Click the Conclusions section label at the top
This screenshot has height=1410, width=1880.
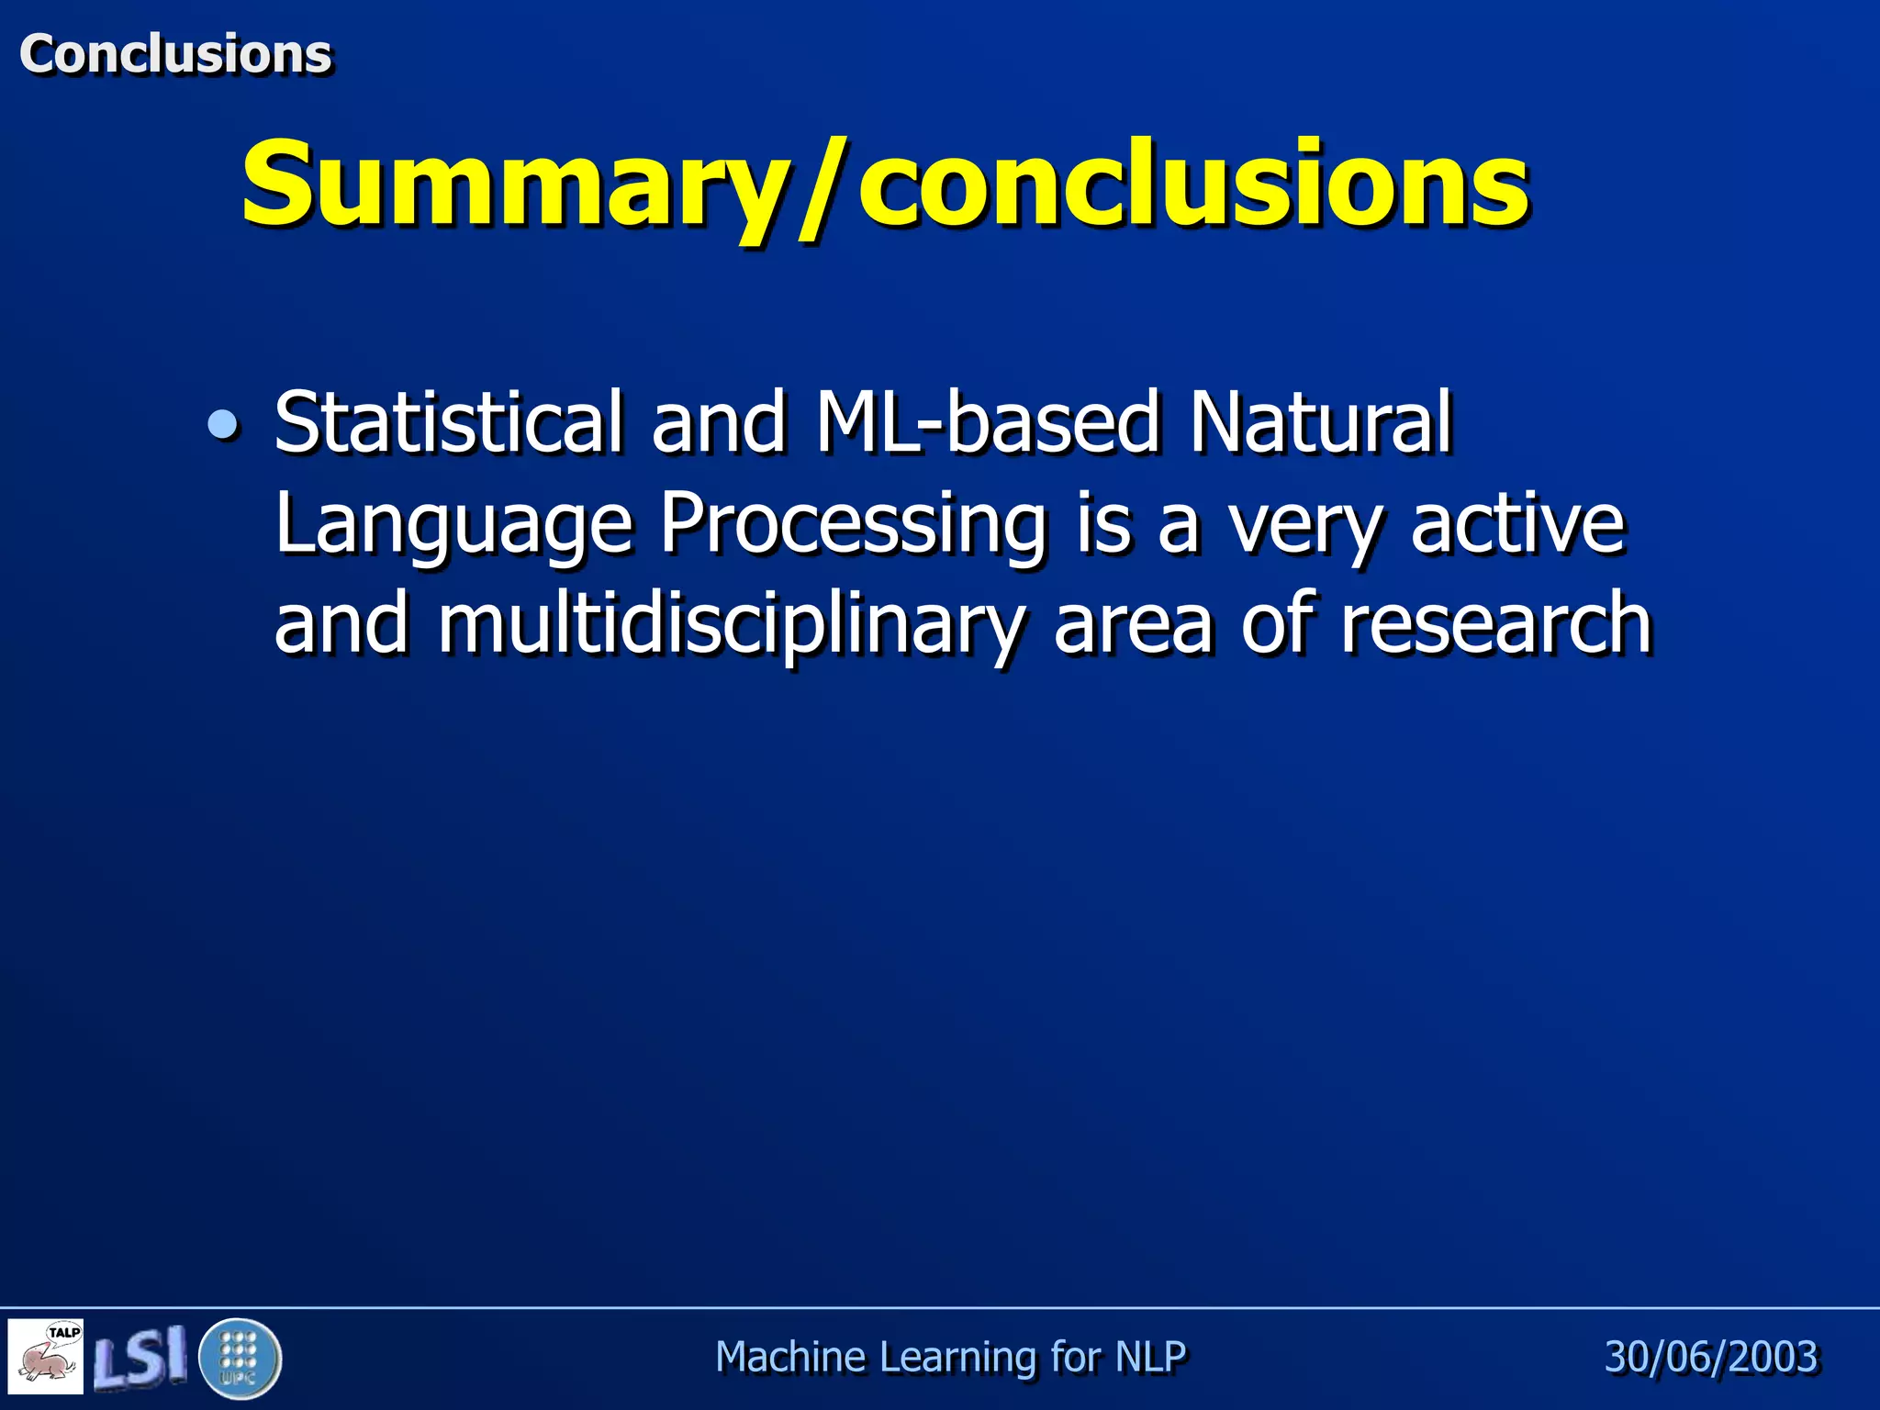(x=174, y=53)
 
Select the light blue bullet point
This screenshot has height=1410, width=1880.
(x=223, y=424)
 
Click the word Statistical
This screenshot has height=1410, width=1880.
(x=449, y=421)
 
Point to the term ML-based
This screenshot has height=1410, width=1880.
(x=987, y=421)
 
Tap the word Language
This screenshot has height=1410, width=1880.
(x=453, y=526)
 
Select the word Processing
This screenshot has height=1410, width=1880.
(x=853, y=526)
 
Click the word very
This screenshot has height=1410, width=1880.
(x=1304, y=526)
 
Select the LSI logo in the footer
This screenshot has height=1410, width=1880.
(x=140, y=1358)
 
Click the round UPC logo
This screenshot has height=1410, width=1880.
(x=240, y=1358)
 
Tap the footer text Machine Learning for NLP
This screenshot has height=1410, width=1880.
(x=950, y=1357)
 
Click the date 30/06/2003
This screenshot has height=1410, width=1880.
(x=1710, y=1357)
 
